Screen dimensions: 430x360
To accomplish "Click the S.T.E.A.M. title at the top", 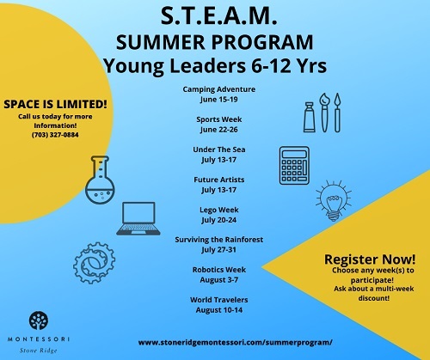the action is pos(218,16).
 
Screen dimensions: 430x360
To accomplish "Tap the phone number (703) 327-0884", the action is pos(55,135).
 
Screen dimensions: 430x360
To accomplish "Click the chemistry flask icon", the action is pos(100,180).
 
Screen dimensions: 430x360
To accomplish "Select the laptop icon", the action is pos(138,218).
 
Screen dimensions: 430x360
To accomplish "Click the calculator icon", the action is pos(294,165).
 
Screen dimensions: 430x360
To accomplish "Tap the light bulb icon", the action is pos(334,200).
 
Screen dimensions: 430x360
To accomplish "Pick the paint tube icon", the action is pos(310,117).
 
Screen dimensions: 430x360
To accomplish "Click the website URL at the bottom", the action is pos(235,343).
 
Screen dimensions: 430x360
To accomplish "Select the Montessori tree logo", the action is pos(39,320).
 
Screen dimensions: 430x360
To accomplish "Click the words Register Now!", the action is pos(370,259).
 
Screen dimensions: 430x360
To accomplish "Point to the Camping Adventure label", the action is pos(219,89).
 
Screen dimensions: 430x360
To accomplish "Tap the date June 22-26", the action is pos(219,130).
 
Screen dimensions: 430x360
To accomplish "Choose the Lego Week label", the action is pos(219,210).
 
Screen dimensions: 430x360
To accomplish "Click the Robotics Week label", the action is pos(219,270).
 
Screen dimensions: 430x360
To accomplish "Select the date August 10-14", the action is pos(219,310).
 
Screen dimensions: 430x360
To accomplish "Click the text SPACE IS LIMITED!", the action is pos(55,104).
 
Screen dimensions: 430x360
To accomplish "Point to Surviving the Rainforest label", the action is pos(219,240).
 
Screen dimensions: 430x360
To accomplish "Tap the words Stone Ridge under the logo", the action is pos(39,351).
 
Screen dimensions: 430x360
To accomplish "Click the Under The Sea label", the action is pos(219,149).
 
